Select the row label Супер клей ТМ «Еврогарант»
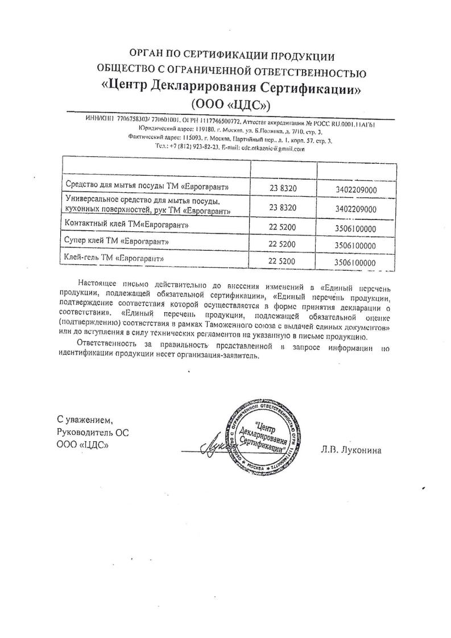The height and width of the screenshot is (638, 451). [118, 243]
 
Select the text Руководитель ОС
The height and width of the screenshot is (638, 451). [93, 432]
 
